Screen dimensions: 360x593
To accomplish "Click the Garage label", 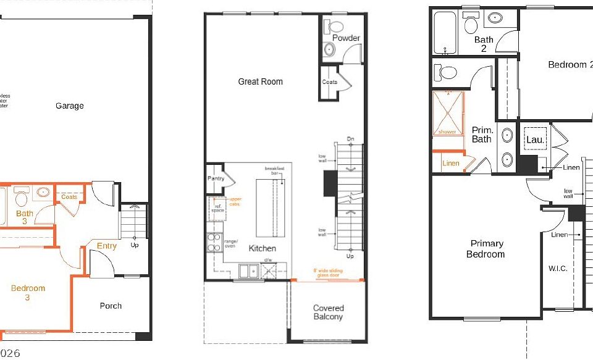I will (69, 106).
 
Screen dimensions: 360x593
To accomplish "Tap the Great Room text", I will (260, 82).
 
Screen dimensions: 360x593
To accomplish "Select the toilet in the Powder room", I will (337, 27).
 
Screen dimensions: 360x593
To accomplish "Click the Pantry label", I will (216, 178).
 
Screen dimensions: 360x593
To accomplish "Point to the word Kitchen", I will (262, 248).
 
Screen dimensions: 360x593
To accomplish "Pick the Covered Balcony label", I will (328, 312).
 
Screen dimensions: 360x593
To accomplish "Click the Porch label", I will (111, 306).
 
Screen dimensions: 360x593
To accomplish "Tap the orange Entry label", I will (106, 246).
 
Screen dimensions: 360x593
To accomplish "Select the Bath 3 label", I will (25, 217).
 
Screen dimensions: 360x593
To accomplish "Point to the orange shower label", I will (447, 132).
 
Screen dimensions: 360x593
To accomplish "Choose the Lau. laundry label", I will (535, 140).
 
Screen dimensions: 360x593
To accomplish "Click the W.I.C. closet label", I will (557, 269).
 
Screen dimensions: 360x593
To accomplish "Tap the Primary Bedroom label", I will (486, 249).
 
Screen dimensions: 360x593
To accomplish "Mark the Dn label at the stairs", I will (350, 138).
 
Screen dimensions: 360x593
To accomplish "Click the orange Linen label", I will (451, 164).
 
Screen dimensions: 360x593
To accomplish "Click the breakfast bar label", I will (274, 171).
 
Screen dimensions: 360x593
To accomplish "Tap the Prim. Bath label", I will (481, 135).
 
